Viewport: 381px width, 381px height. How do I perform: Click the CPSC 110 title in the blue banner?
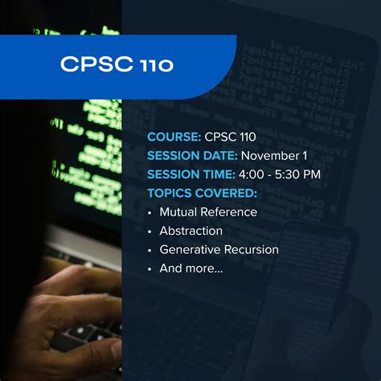point(116,64)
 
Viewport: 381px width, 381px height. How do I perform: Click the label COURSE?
point(173,137)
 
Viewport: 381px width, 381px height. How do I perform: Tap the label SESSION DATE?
point(191,155)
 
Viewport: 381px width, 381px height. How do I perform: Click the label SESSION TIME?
point(191,174)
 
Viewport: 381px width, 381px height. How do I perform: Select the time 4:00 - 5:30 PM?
point(280,174)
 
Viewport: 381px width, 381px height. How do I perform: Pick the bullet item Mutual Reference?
point(208,212)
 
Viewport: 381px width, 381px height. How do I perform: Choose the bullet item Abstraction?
point(191,231)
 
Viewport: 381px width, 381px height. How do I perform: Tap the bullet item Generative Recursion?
point(219,250)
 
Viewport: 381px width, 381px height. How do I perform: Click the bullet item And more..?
point(191,268)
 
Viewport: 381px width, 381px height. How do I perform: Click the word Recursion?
point(252,250)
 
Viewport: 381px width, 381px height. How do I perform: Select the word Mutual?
point(178,212)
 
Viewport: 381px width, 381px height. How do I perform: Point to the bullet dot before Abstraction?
point(150,231)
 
